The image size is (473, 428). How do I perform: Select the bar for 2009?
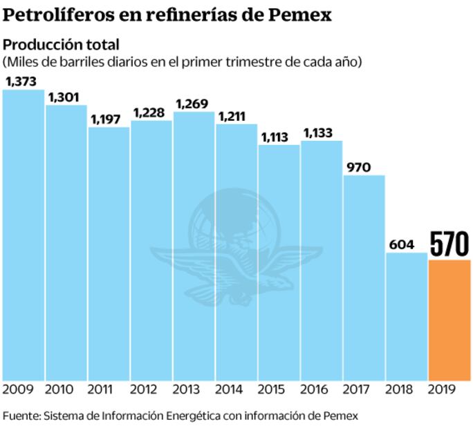pyautogui.click(x=24, y=235)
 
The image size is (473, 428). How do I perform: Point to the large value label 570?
pyautogui.click(x=449, y=244)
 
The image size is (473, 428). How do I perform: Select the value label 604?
pyautogui.click(x=403, y=244)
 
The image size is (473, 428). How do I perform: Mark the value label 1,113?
pyautogui.click(x=278, y=137)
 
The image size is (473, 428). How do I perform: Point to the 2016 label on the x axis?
pyautogui.click(x=321, y=390)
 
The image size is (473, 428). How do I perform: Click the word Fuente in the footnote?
pyautogui.click(x=21, y=416)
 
